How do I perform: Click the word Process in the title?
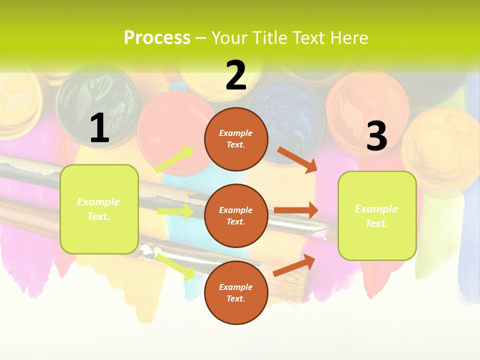[x=157, y=37]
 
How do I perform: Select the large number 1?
[x=99, y=128]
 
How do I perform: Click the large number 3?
[x=376, y=136]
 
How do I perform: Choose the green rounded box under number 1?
[x=99, y=209]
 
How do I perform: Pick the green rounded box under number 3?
[x=377, y=215]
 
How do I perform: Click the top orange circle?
[x=236, y=139]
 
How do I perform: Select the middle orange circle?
[x=236, y=215]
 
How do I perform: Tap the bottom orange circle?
[x=236, y=292]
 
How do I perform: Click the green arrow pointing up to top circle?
[x=174, y=159]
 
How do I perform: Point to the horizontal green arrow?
[x=175, y=211]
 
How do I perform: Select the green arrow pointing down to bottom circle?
[x=176, y=266]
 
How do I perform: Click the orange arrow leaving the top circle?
[x=297, y=159]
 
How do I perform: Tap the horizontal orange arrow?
[x=295, y=210]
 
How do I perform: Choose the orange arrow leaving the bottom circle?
[x=294, y=265]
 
